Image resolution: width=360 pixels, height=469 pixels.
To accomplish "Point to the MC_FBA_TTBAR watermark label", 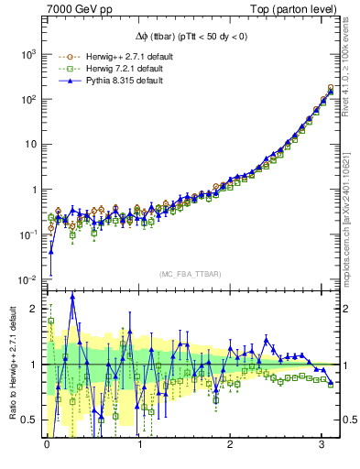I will point(187,274).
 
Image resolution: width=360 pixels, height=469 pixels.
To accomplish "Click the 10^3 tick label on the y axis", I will point(25,54).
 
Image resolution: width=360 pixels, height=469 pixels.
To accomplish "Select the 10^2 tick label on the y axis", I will point(25,99).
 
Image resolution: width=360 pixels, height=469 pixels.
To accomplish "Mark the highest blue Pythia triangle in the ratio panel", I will point(72,296).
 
